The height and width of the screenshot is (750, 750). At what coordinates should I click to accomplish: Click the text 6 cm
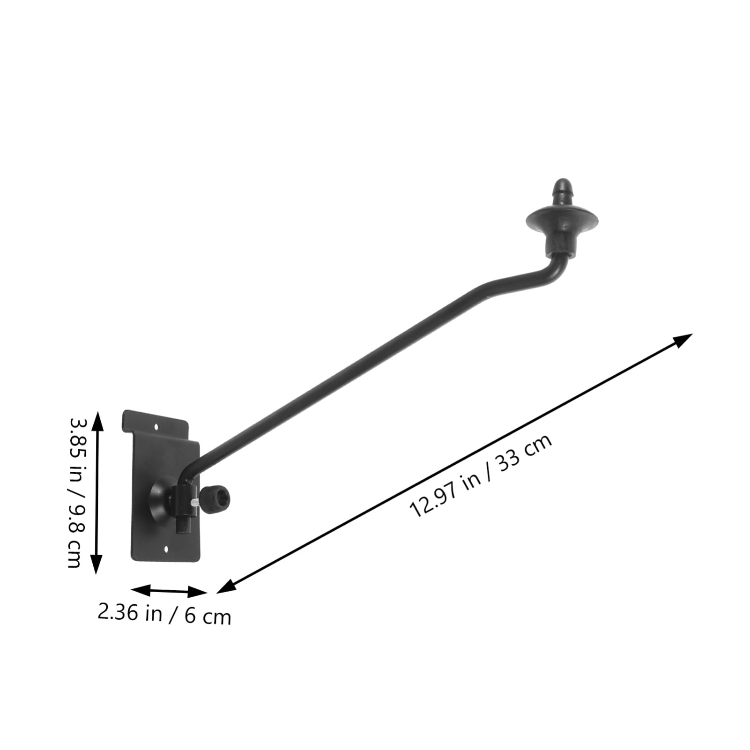(208, 616)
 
